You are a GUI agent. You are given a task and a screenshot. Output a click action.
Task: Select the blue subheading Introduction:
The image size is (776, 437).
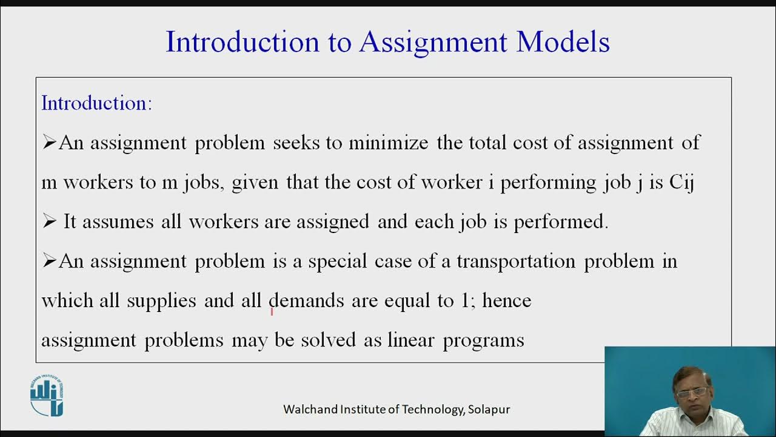point(96,103)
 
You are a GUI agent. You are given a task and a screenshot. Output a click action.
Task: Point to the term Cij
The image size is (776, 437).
point(681,183)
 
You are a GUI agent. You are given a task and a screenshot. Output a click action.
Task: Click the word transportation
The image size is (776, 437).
point(515,262)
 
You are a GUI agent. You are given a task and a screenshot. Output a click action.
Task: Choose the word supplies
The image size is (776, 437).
point(161,301)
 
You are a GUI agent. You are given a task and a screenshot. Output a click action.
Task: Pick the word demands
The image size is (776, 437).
point(306,301)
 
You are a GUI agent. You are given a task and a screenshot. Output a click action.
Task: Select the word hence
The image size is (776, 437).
point(507,301)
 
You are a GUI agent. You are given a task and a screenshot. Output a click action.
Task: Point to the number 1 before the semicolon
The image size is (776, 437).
point(464,301)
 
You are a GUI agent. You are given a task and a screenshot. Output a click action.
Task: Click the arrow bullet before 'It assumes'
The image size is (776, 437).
point(49,222)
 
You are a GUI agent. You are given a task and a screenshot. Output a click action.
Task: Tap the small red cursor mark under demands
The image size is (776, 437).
point(272,311)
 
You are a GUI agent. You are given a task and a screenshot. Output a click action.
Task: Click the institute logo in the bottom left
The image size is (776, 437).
point(47,396)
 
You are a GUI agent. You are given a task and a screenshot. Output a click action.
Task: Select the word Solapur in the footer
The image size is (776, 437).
point(489,410)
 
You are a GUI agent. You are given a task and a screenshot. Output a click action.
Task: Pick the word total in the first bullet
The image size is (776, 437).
point(489,143)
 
